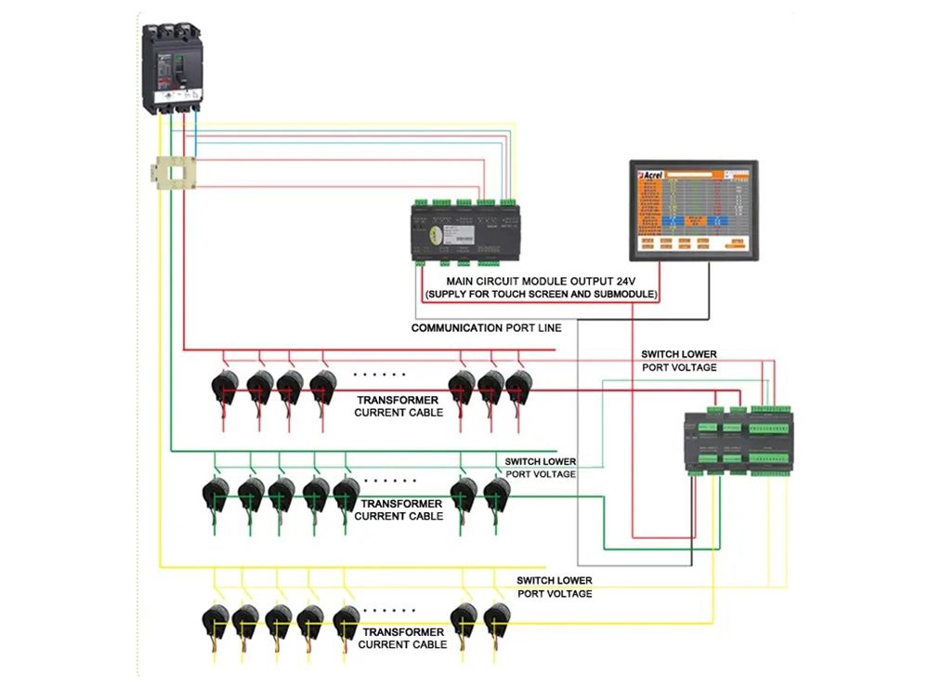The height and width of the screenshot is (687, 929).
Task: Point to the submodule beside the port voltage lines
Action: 738,439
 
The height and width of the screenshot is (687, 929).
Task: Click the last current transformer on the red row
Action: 517,384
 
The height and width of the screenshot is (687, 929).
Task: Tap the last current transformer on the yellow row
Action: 496,618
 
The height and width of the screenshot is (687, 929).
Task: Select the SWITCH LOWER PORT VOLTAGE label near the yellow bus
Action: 555,587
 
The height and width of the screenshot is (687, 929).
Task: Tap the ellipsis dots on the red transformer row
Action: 379,374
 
